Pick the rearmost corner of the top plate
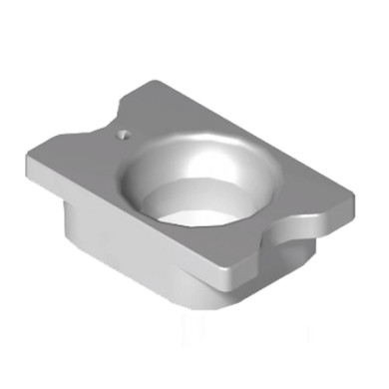150,81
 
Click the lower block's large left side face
130,249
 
